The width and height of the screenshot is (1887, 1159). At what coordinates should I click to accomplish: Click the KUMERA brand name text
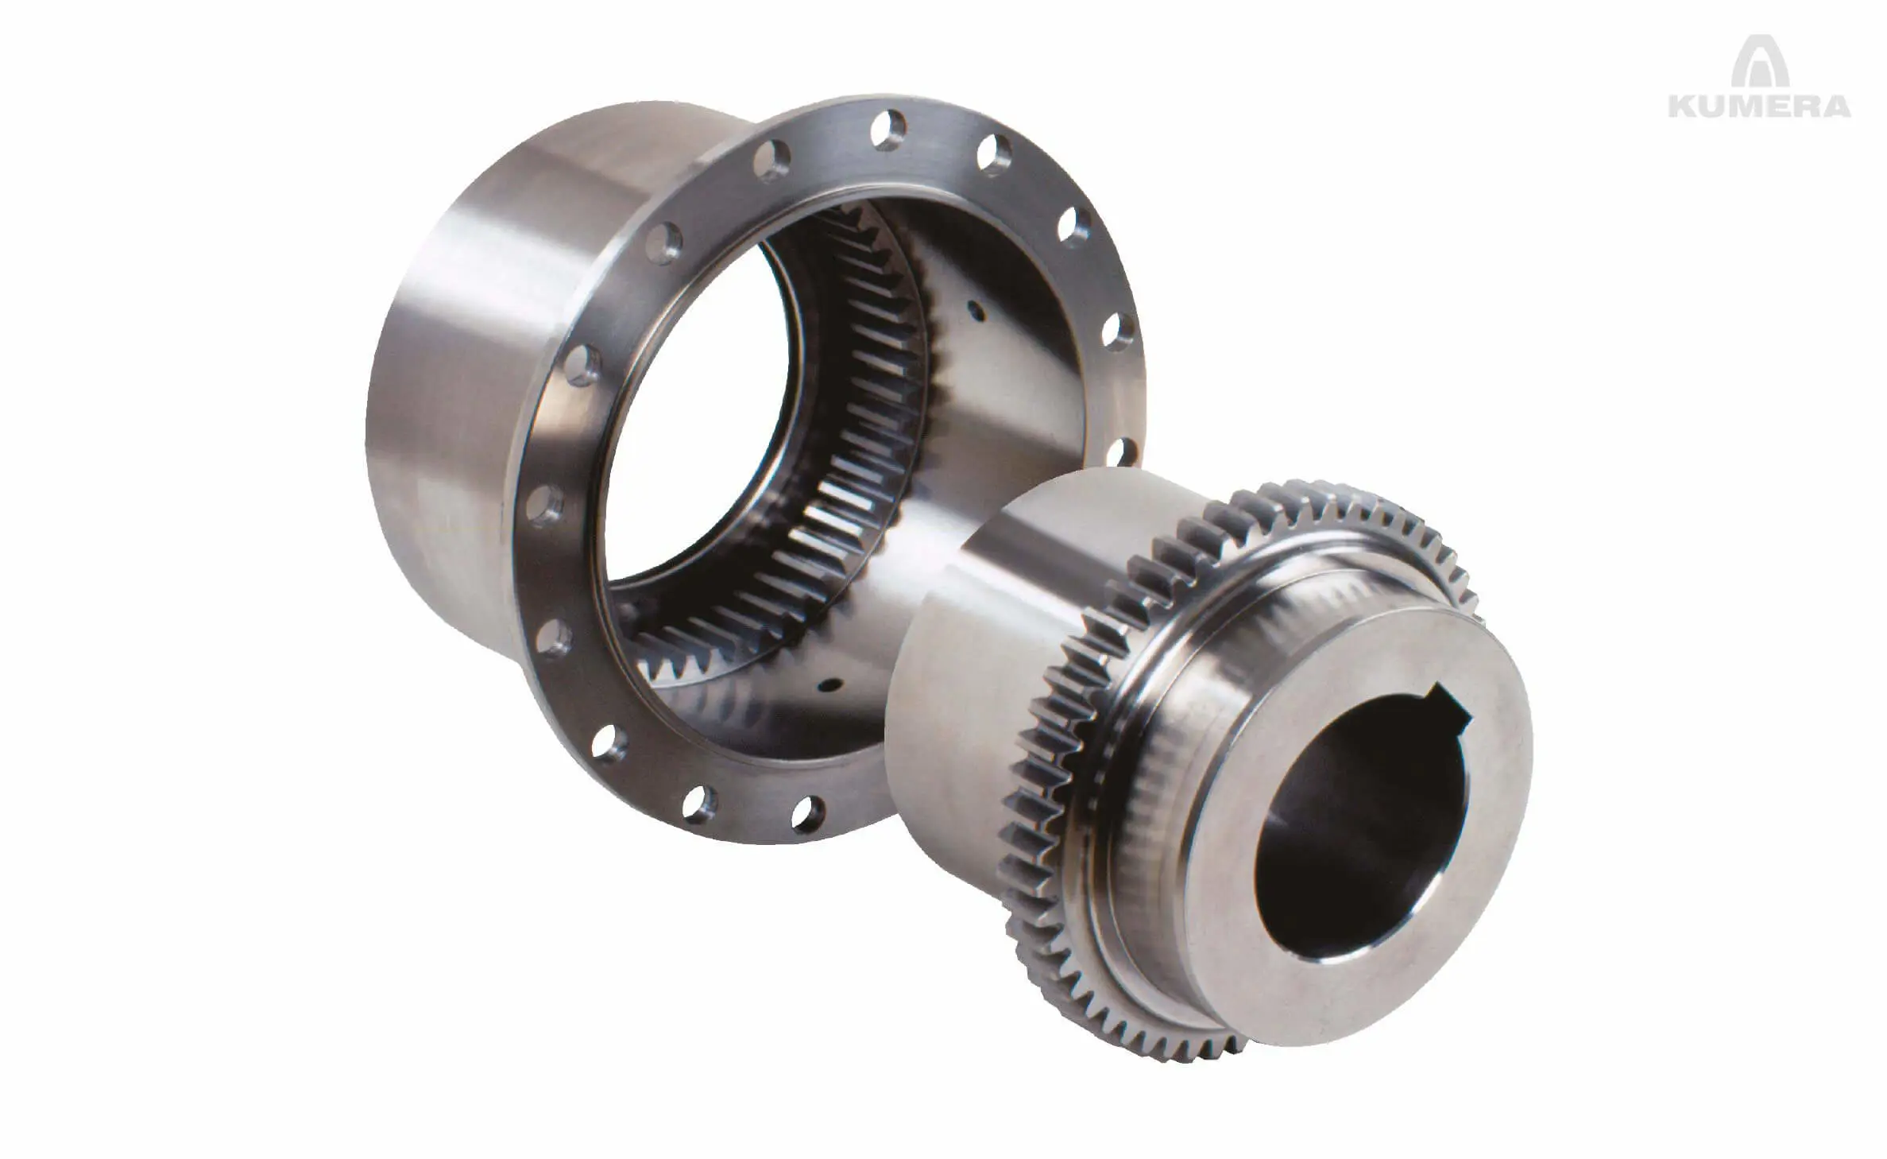pos(1759,107)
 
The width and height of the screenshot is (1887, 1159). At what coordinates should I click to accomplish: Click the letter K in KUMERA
pos(1683,107)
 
